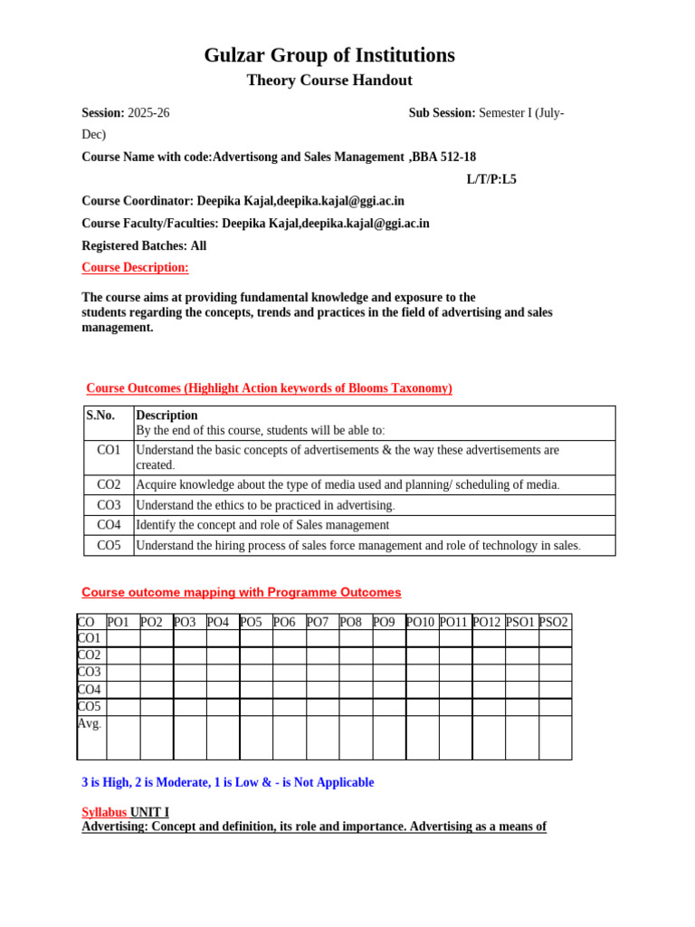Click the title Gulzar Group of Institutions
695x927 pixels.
click(329, 55)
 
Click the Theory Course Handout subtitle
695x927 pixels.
click(329, 81)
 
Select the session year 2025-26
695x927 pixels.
click(148, 113)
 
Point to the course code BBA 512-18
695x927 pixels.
click(443, 157)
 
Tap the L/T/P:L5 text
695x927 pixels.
click(491, 179)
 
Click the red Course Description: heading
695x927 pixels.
click(135, 267)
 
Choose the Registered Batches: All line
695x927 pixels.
click(144, 245)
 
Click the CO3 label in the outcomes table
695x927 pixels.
click(109, 505)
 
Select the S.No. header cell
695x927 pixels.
click(100, 416)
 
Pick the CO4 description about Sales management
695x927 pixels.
click(262, 525)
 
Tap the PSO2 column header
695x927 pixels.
click(554, 622)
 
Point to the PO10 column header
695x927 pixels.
click(422, 622)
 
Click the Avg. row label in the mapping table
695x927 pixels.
click(90, 724)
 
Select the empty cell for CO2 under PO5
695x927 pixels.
click(256, 655)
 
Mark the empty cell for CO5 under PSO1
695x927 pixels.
click(521, 706)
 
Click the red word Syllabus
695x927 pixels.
click(104, 812)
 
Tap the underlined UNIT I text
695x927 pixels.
click(149, 812)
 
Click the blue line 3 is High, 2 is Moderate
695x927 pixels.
click(227, 782)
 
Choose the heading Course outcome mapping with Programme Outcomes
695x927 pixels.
click(242, 593)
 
